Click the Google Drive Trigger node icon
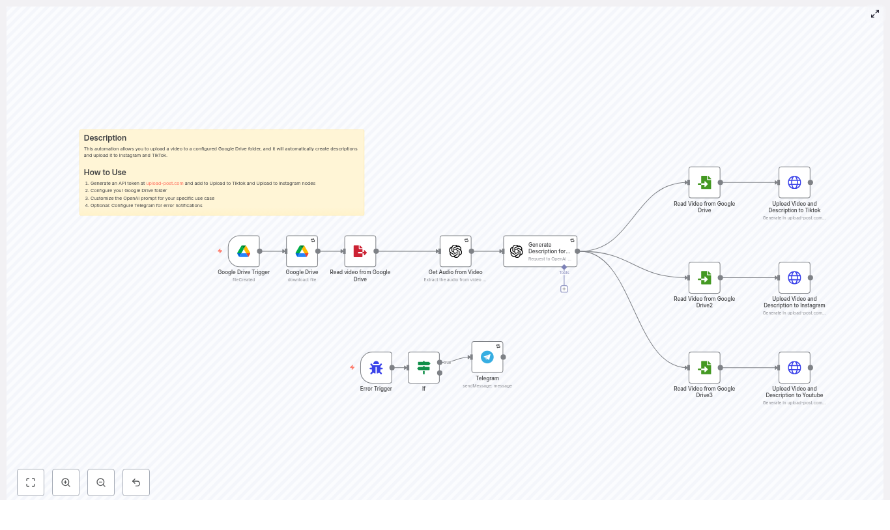pyautogui.click(x=244, y=251)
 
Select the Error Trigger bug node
pyautogui.click(x=376, y=368)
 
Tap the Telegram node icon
pyautogui.click(x=487, y=357)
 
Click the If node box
pyautogui.click(x=423, y=368)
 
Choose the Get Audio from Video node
pyautogui.click(x=455, y=251)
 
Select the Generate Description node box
pyautogui.click(x=540, y=251)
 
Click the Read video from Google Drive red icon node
pyautogui.click(x=360, y=251)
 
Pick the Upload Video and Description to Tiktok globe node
pyautogui.click(x=794, y=182)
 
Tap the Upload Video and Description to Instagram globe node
pyautogui.click(x=794, y=278)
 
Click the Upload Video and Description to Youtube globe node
pyautogui.click(x=794, y=368)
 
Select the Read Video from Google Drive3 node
pyautogui.click(x=704, y=368)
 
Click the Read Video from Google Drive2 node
pyautogui.click(x=704, y=278)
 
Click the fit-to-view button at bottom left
pyautogui.click(x=31, y=482)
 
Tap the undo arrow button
pyautogui.click(x=136, y=482)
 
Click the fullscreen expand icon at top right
pyautogui.click(x=875, y=14)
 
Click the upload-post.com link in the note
pyautogui.click(x=165, y=184)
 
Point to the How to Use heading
pyautogui.click(x=105, y=173)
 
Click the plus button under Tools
pyautogui.click(x=564, y=289)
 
